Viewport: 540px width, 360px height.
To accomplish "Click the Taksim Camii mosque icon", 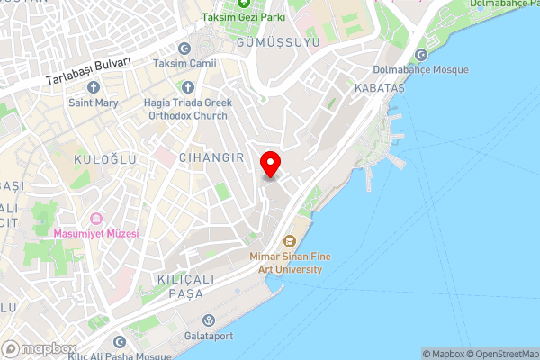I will click(x=184, y=49).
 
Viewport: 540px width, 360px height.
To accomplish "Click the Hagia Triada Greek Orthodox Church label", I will click(x=188, y=109).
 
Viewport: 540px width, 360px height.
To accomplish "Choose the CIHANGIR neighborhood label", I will click(x=212, y=157).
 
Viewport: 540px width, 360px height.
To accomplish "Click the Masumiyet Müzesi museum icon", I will click(x=95, y=219).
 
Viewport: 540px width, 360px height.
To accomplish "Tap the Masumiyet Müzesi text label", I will click(x=96, y=234).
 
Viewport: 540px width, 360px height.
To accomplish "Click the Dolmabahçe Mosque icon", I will click(x=421, y=54).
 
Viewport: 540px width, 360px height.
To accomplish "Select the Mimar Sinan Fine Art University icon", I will click(x=290, y=241).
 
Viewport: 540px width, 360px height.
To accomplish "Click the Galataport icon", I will click(x=208, y=319).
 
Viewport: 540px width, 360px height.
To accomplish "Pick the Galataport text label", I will click(x=208, y=335).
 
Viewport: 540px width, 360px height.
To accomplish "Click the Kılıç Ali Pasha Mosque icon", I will click(x=119, y=341).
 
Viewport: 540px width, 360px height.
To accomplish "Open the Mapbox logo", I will click(x=40, y=348).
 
